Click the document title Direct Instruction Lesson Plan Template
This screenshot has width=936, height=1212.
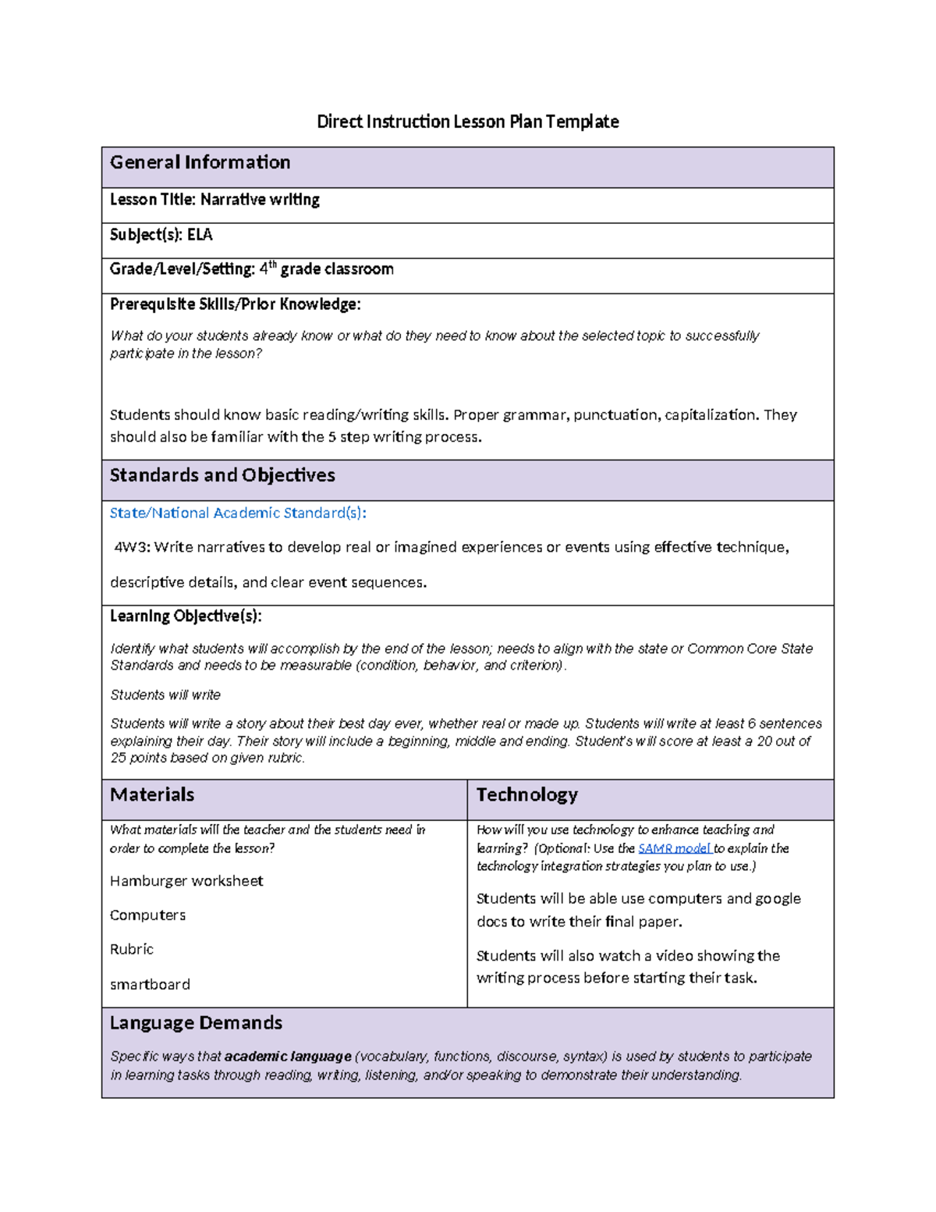tap(467, 122)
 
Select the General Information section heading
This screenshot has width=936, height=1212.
tap(200, 162)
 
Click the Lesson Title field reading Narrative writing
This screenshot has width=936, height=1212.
tap(214, 200)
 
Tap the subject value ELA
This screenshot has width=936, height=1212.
tap(200, 235)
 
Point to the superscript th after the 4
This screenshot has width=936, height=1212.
tap(272, 265)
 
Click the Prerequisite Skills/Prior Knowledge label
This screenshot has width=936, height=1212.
tap(235, 304)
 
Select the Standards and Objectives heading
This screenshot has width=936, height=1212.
tap(222, 475)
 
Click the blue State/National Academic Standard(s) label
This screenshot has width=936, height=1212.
tap(238, 513)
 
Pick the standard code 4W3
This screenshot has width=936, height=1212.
tap(130, 547)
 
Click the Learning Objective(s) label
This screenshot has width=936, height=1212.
tap(186, 617)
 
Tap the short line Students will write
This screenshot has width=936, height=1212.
tap(165, 695)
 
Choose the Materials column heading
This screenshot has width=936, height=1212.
tap(152, 794)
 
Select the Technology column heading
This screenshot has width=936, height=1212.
tap(526, 794)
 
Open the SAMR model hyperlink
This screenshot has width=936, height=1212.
tap(674, 848)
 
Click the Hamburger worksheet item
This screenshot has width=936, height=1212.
tap(186, 881)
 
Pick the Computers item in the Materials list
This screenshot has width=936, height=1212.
tap(147, 915)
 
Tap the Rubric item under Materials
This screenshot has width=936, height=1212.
tap(132, 950)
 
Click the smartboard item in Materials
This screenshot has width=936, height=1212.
tap(150, 985)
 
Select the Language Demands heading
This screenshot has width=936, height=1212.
tap(196, 1023)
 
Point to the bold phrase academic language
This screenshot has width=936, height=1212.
tap(288, 1057)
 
